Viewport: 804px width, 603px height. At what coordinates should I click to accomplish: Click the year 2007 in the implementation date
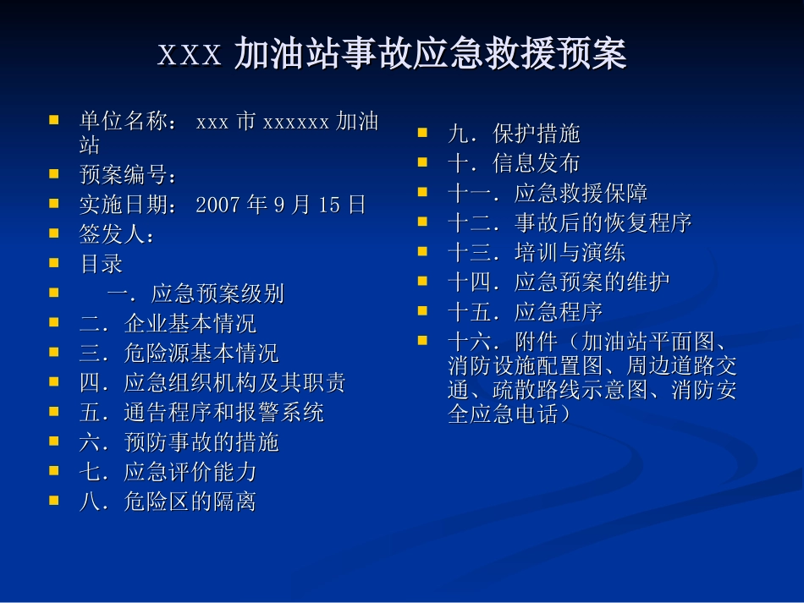(218, 206)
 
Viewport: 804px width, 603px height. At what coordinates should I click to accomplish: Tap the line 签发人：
(117, 235)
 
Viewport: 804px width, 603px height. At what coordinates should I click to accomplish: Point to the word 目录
(102, 265)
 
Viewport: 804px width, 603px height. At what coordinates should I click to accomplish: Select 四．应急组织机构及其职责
(212, 383)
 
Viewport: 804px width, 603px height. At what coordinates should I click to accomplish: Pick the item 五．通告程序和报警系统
(201, 413)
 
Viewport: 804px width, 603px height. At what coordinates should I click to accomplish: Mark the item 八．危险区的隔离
(168, 502)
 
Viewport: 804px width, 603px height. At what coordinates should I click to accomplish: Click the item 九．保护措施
(514, 134)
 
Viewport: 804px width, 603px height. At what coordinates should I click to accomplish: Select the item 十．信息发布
(514, 163)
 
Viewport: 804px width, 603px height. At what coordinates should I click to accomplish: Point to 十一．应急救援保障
(548, 194)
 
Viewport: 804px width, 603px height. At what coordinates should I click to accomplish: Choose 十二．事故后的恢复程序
(570, 223)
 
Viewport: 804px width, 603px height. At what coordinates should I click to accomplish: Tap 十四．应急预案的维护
(559, 282)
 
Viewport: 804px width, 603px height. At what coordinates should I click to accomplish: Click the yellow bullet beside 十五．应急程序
(423, 310)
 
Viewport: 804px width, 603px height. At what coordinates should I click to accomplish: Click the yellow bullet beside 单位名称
(54, 120)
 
